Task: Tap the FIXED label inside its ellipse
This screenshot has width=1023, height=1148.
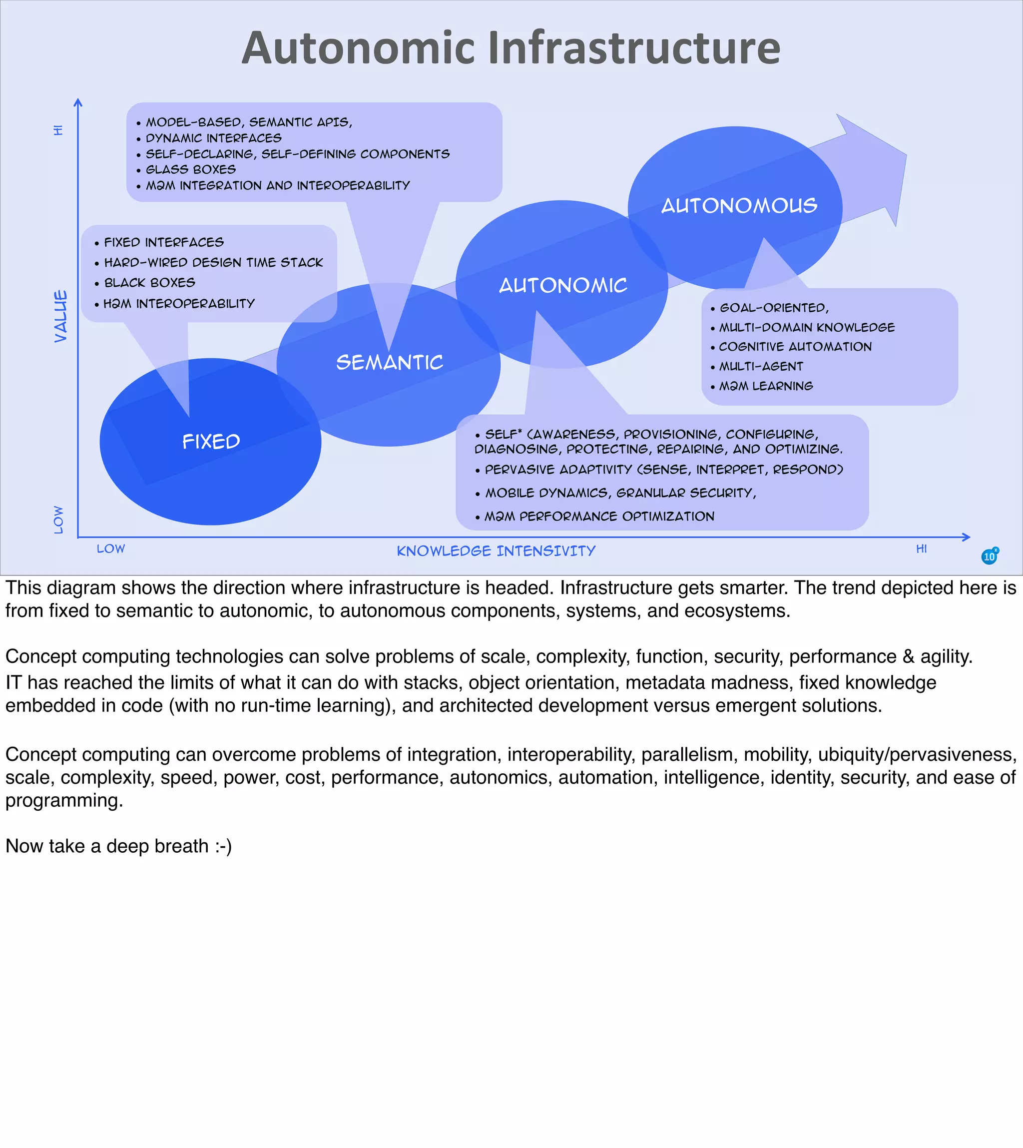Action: pos(211,441)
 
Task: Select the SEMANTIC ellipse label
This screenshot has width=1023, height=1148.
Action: pos(390,363)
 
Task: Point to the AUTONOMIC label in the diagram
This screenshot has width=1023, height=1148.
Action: pos(562,286)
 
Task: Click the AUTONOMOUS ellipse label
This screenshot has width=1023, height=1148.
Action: pos(739,206)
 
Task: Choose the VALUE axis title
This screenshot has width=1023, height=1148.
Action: pos(61,316)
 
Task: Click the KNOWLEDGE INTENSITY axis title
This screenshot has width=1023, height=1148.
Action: pos(496,551)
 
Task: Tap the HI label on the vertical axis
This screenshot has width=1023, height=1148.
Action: pos(58,130)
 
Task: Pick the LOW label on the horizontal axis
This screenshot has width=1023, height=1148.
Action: pos(111,549)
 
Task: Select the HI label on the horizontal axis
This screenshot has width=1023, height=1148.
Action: pos(921,549)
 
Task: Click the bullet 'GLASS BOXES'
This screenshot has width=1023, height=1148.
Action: pos(190,170)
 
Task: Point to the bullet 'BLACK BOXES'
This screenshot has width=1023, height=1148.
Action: pos(149,283)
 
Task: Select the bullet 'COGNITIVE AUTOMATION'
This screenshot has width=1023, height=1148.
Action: pos(795,347)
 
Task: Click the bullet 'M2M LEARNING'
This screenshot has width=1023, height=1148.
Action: pos(766,386)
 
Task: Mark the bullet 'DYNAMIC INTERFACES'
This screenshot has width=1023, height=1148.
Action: pos(214,138)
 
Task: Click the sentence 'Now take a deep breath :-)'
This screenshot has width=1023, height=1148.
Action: pos(118,846)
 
